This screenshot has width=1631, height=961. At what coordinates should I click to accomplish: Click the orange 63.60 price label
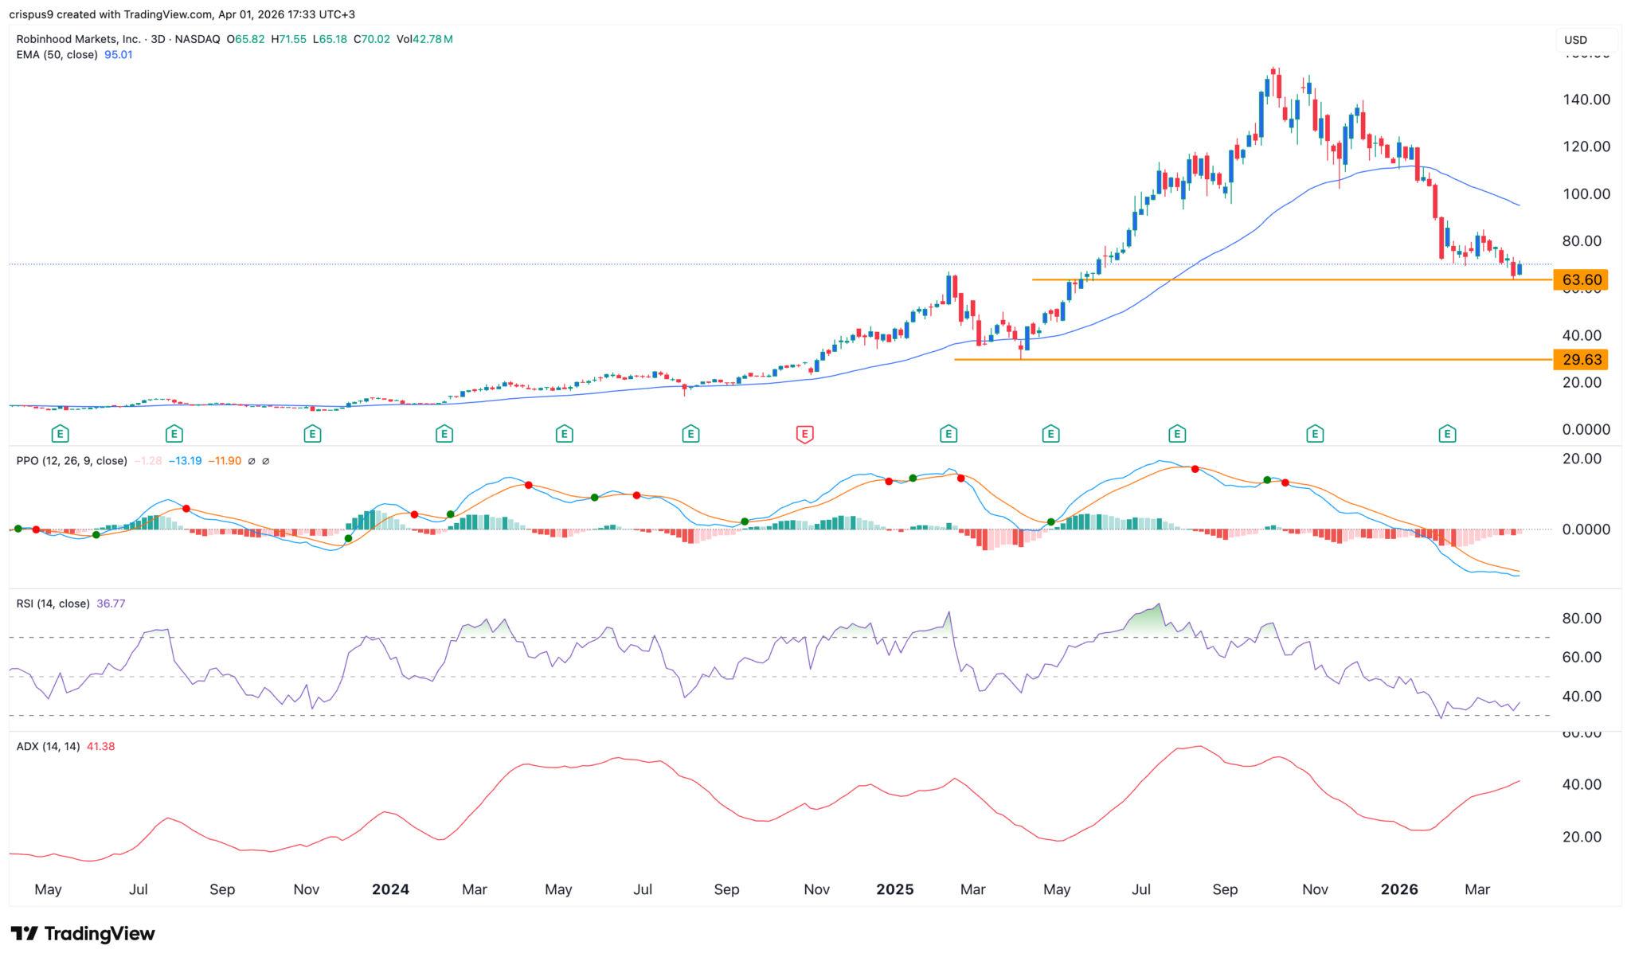coord(1581,279)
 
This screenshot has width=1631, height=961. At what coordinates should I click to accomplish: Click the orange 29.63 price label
coord(1581,359)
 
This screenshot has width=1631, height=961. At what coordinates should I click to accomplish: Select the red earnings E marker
coord(804,434)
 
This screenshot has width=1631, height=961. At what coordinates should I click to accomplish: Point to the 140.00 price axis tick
coord(1586,100)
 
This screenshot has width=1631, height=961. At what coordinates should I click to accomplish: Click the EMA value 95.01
coord(119,55)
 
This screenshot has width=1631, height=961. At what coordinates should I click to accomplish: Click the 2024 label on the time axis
coord(390,889)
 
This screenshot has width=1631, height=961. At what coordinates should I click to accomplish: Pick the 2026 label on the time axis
coord(1398,889)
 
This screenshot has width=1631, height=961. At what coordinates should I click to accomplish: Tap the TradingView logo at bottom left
coord(83,933)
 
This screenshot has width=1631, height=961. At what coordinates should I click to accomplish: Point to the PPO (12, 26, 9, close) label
coord(72,461)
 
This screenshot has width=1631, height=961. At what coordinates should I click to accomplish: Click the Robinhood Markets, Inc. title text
coord(78,39)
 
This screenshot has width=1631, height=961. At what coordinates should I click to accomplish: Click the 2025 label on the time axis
coord(894,889)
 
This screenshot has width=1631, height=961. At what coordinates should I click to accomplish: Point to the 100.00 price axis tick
coord(1586,194)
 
